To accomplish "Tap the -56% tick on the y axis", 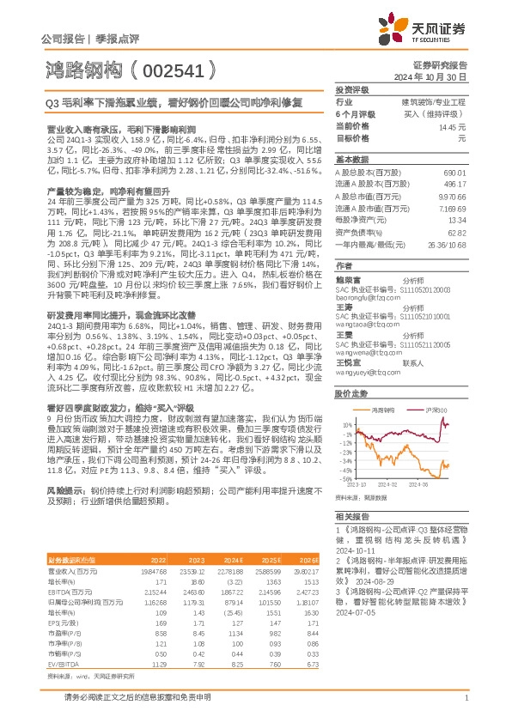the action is (x=345, y=479).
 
